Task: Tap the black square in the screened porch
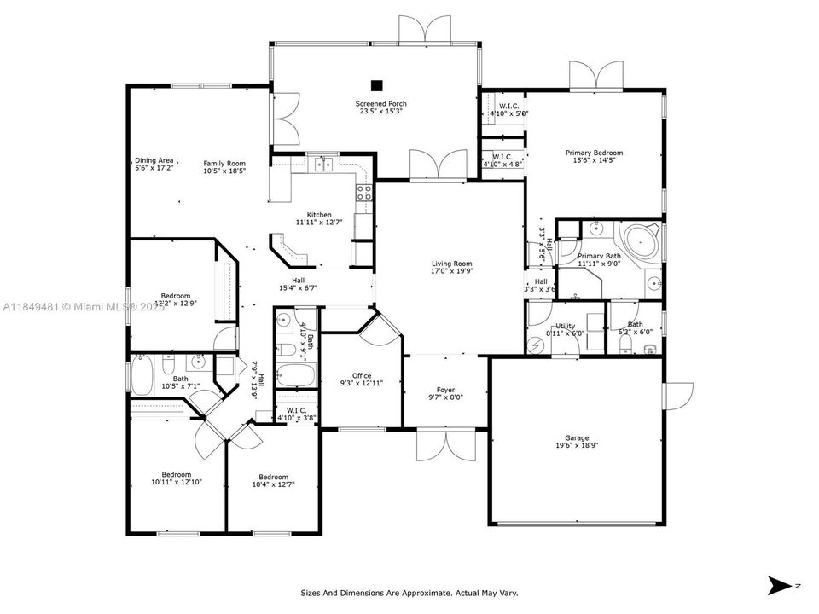pos(376,84)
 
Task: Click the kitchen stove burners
pos(363,192)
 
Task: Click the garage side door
pos(680,395)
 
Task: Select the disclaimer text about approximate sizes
pos(409,593)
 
